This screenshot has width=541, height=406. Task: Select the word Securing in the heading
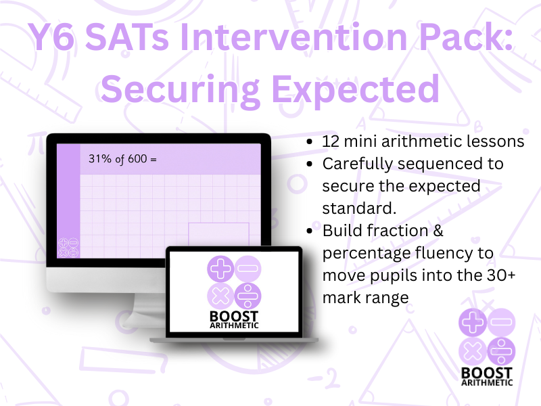click(180, 90)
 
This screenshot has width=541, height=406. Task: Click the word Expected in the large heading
click(356, 90)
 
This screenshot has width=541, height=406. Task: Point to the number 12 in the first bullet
click(330, 141)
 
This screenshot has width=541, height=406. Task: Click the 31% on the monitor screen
click(99, 159)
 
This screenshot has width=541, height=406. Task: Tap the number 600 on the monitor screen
click(137, 159)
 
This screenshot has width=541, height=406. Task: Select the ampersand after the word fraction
click(438, 231)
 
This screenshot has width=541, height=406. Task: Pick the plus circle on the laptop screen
click(220, 269)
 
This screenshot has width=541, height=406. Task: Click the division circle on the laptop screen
click(248, 296)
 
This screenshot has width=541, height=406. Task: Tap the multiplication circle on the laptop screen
click(220, 296)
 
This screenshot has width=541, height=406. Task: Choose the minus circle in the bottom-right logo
click(501, 323)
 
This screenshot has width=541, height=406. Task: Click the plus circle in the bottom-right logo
click(472, 323)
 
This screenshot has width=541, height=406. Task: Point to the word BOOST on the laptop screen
click(234, 316)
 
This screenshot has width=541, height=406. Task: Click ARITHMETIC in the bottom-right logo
click(487, 382)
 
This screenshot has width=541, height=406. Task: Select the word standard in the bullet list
click(359, 208)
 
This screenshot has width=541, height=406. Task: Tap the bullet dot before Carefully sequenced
click(310, 164)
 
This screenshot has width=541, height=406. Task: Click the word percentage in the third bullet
click(366, 254)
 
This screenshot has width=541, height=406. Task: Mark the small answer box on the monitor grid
click(218, 234)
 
